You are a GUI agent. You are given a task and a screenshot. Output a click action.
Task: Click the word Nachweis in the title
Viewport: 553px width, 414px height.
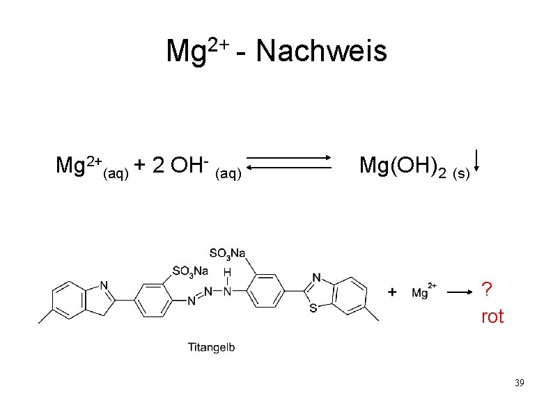322,51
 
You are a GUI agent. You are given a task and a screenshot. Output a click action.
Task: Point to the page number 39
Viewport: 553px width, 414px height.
518,383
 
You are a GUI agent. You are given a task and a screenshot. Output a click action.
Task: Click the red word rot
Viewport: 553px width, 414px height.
492,317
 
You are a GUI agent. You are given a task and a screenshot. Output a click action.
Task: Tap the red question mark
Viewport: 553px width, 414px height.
487,288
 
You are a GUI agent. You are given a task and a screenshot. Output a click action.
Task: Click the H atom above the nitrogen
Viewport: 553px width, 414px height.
227,272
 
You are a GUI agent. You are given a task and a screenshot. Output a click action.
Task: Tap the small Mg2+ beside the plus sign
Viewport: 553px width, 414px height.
423,292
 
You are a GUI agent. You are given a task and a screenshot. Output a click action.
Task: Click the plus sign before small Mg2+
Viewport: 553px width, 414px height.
394,292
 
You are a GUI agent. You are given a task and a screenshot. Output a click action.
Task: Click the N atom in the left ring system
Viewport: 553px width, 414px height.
104,285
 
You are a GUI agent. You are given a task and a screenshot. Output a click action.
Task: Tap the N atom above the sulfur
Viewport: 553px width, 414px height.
317,277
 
